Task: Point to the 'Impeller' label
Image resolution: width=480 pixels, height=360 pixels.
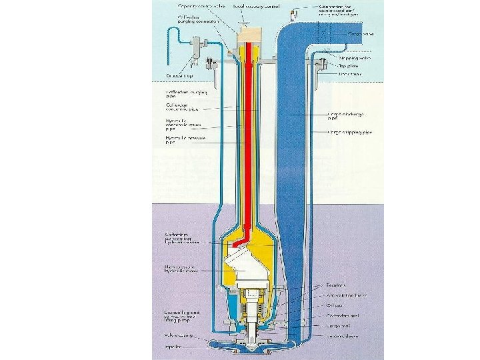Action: [x=174, y=347]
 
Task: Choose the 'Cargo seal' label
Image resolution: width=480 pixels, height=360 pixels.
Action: [x=341, y=326]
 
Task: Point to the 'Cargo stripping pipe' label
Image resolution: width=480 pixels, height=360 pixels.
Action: [x=348, y=133]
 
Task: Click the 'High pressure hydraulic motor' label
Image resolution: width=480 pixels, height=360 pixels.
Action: [x=182, y=270]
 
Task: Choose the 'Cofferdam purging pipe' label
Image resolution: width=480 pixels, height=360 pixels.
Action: [x=181, y=94]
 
